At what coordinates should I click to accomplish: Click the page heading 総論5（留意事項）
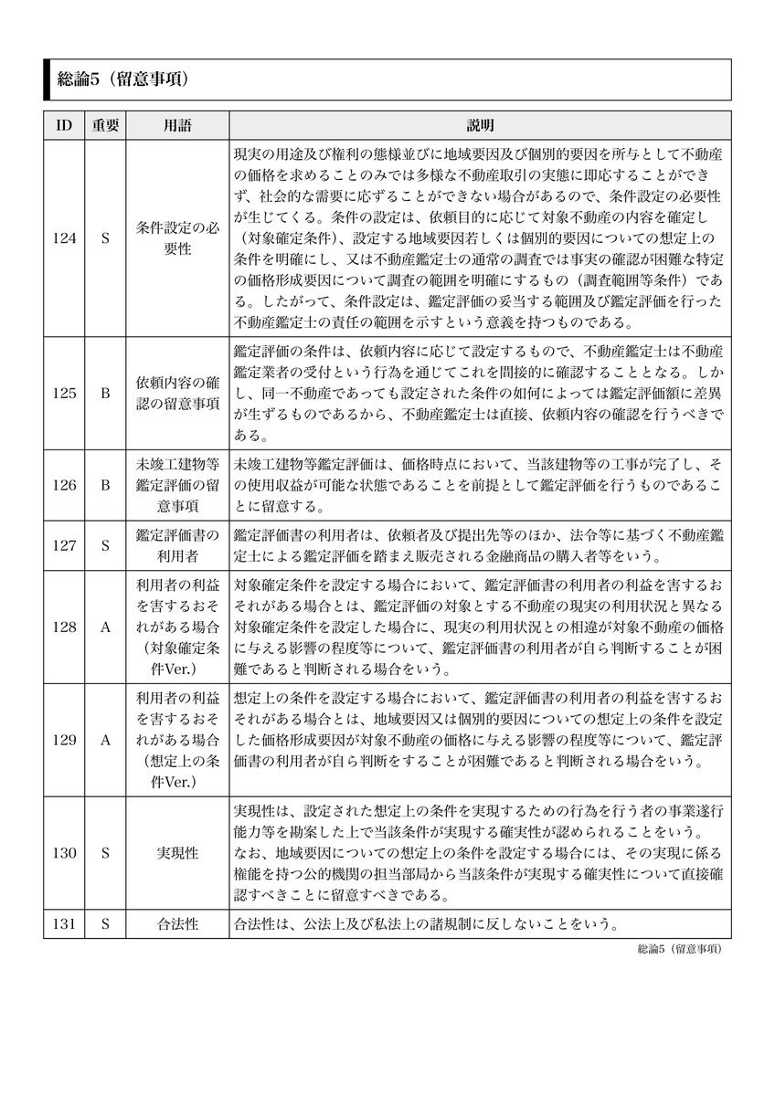tap(122, 79)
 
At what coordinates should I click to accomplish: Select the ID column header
tap(64, 125)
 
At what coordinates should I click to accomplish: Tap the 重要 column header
tap(105, 125)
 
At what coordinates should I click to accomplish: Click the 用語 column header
tap(177, 125)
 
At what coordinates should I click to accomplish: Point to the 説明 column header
tap(480, 125)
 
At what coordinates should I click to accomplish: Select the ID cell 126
tap(64, 485)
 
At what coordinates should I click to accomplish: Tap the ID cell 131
tap(64, 923)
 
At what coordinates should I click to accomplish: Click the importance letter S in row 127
tap(105, 545)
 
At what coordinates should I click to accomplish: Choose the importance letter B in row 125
tap(105, 393)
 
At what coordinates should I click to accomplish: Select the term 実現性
tap(177, 853)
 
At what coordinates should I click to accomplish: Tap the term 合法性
tap(177, 923)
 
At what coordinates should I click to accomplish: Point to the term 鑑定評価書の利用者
tap(177, 545)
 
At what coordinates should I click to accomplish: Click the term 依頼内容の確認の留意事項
tap(177, 393)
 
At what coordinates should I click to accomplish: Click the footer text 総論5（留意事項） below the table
tap(680, 949)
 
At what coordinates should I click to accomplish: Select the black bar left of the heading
tap(47, 79)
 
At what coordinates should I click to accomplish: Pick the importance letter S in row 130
tap(105, 853)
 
